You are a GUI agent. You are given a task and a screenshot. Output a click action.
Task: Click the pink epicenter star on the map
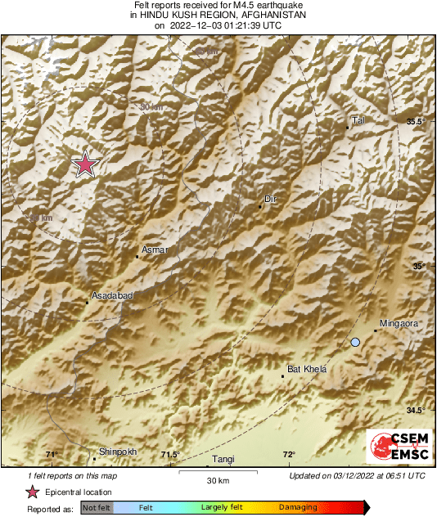(85, 165)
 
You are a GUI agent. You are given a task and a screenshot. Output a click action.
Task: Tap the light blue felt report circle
(355, 342)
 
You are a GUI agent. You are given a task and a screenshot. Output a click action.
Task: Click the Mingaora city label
(400, 324)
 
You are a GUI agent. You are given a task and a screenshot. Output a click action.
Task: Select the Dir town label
(271, 199)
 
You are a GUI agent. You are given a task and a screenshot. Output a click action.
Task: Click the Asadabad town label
(111, 295)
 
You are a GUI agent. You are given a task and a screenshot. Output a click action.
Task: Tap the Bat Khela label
(307, 370)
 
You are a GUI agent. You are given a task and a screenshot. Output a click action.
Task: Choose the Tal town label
(357, 120)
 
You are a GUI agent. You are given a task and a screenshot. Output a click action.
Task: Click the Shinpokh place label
(118, 452)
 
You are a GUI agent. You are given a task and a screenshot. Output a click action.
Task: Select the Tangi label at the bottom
(223, 461)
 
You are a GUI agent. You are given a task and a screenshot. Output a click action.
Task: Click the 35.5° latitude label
(417, 122)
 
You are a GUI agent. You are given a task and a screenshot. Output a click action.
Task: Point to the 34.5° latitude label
(417, 410)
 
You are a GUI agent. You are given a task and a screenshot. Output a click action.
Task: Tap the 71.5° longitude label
(169, 455)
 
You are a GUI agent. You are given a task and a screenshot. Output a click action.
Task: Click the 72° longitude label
(289, 455)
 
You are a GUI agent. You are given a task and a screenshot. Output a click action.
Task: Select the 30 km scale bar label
(217, 479)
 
